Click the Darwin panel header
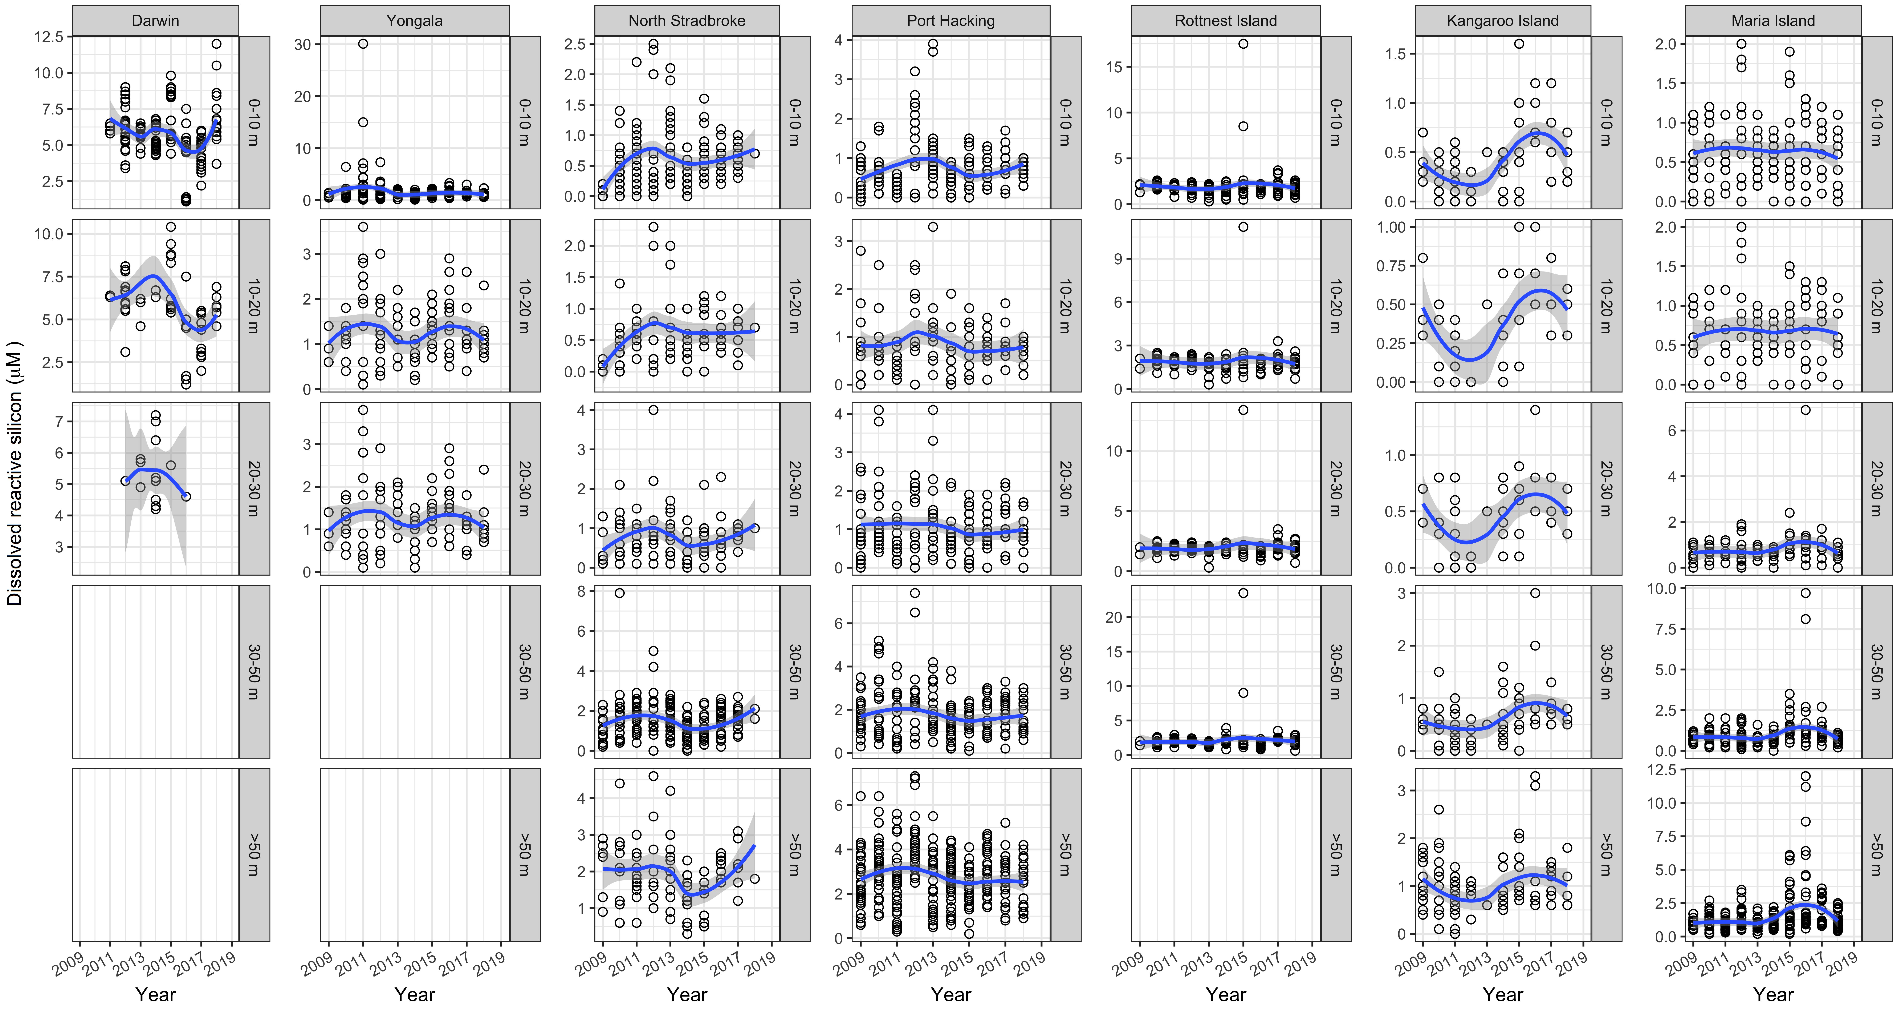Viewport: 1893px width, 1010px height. (x=155, y=21)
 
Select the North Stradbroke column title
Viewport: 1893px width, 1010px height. (x=686, y=21)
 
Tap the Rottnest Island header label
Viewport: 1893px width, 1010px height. (x=1226, y=21)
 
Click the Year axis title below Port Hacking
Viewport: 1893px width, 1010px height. (x=951, y=995)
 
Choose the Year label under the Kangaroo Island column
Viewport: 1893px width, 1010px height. (x=1503, y=995)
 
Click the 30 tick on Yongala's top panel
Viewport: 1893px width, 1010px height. (x=303, y=44)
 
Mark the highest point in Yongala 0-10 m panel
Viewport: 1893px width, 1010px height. (x=363, y=43)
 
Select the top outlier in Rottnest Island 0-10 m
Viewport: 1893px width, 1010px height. (x=1243, y=43)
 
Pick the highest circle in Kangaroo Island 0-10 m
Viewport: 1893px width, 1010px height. (x=1519, y=43)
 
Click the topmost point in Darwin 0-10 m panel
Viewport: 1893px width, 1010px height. (x=216, y=43)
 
